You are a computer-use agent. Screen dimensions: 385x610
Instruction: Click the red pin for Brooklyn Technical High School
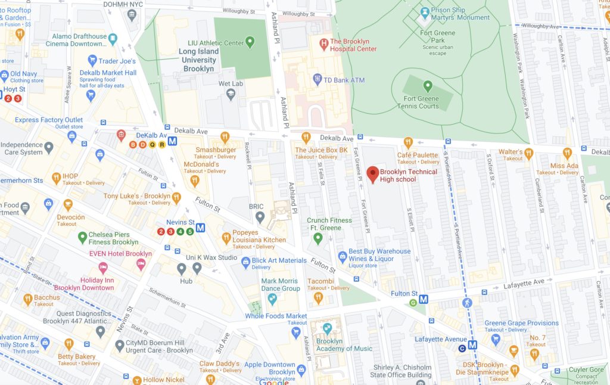pos(373,174)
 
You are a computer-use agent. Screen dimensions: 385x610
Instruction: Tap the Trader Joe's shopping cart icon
pos(92,60)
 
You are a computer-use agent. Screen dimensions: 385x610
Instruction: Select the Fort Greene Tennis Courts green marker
pos(427,86)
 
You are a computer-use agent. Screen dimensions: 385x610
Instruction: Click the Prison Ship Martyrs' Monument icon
pos(425,11)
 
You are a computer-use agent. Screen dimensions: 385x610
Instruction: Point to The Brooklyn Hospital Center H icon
pos(323,42)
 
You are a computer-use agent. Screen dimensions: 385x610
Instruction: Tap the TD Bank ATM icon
pos(318,78)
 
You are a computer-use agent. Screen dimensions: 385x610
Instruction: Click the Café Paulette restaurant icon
pos(408,142)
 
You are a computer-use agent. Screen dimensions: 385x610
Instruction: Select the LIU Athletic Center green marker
pos(250,42)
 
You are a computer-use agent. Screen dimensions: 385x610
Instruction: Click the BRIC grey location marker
pos(260,218)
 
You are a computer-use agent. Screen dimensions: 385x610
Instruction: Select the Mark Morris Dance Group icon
pos(272,299)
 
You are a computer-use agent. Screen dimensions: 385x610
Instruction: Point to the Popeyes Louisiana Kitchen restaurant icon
pos(226,238)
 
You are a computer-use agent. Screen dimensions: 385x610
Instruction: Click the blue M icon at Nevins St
pos(201,227)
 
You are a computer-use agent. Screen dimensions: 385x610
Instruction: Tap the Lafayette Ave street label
pos(524,282)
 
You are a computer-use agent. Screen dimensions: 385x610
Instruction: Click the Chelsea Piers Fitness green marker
pos(83,238)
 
